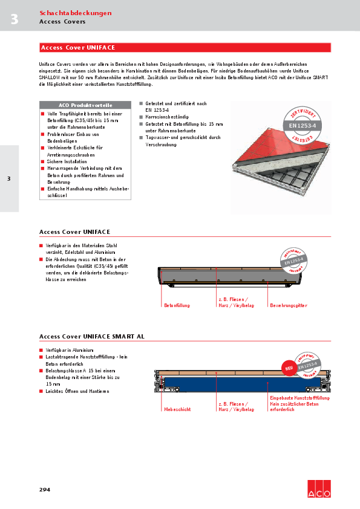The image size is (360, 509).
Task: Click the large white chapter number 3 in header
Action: (14, 20)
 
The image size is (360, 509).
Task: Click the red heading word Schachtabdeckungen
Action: (75, 13)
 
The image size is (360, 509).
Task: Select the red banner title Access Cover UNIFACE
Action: (78, 47)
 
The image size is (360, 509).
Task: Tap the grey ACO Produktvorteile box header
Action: (85, 105)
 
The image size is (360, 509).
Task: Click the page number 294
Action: (45, 488)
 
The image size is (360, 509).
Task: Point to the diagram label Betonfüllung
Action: (177, 305)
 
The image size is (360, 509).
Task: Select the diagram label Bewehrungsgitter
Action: (289, 305)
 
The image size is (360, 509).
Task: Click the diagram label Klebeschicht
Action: (177, 409)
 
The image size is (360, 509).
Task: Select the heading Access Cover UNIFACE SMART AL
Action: (92, 336)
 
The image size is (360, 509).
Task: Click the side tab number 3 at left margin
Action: (8, 178)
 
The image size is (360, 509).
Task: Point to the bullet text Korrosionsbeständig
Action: (168, 116)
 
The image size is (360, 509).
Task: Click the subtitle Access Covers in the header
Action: (62, 22)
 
